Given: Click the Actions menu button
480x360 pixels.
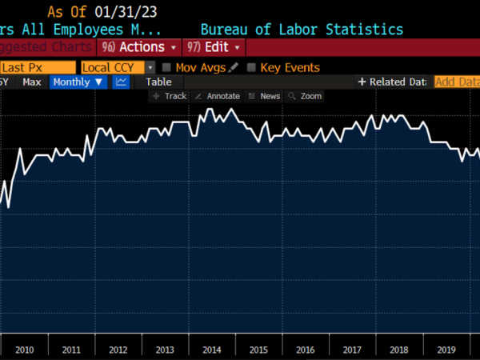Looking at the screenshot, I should [x=138, y=47].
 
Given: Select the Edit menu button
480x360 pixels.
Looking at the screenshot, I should [x=214, y=47].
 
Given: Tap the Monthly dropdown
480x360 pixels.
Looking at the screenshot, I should [x=78, y=82].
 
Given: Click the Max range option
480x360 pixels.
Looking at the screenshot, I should [x=32, y=82].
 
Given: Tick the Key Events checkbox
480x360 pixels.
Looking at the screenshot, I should [x=252, y=68].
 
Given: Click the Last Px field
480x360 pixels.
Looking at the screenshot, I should [x=37, y=68].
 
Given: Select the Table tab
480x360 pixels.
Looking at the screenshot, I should [x=158, y=82].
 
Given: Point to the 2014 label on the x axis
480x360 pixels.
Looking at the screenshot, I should [x=211, y=350].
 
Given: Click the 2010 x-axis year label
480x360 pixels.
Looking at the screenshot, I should [x=24, y=350].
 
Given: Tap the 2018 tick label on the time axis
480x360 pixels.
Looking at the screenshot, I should [x=398, y=350].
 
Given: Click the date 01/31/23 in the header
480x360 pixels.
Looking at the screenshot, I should [x=126, y=12].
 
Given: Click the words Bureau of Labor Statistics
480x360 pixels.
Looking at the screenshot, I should [x=302, y=30].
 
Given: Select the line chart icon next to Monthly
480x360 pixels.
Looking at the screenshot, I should [x=121, y=82].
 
